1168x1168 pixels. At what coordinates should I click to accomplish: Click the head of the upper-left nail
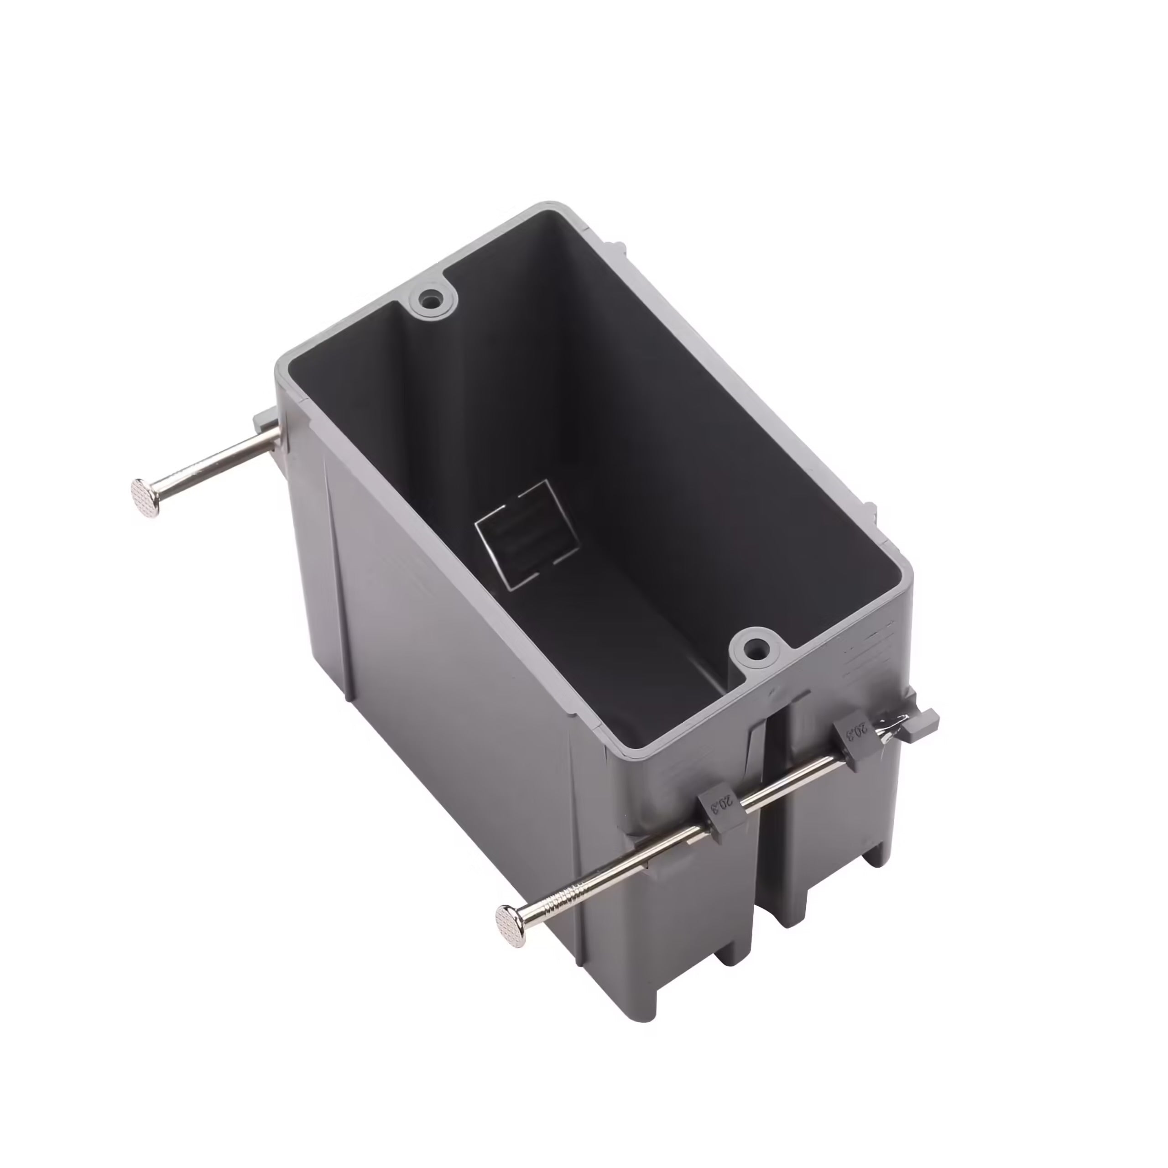click(146, 496)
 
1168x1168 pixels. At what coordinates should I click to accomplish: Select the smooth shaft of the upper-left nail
click(212, 463)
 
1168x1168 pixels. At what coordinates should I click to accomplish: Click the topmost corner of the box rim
click(547, 206)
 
